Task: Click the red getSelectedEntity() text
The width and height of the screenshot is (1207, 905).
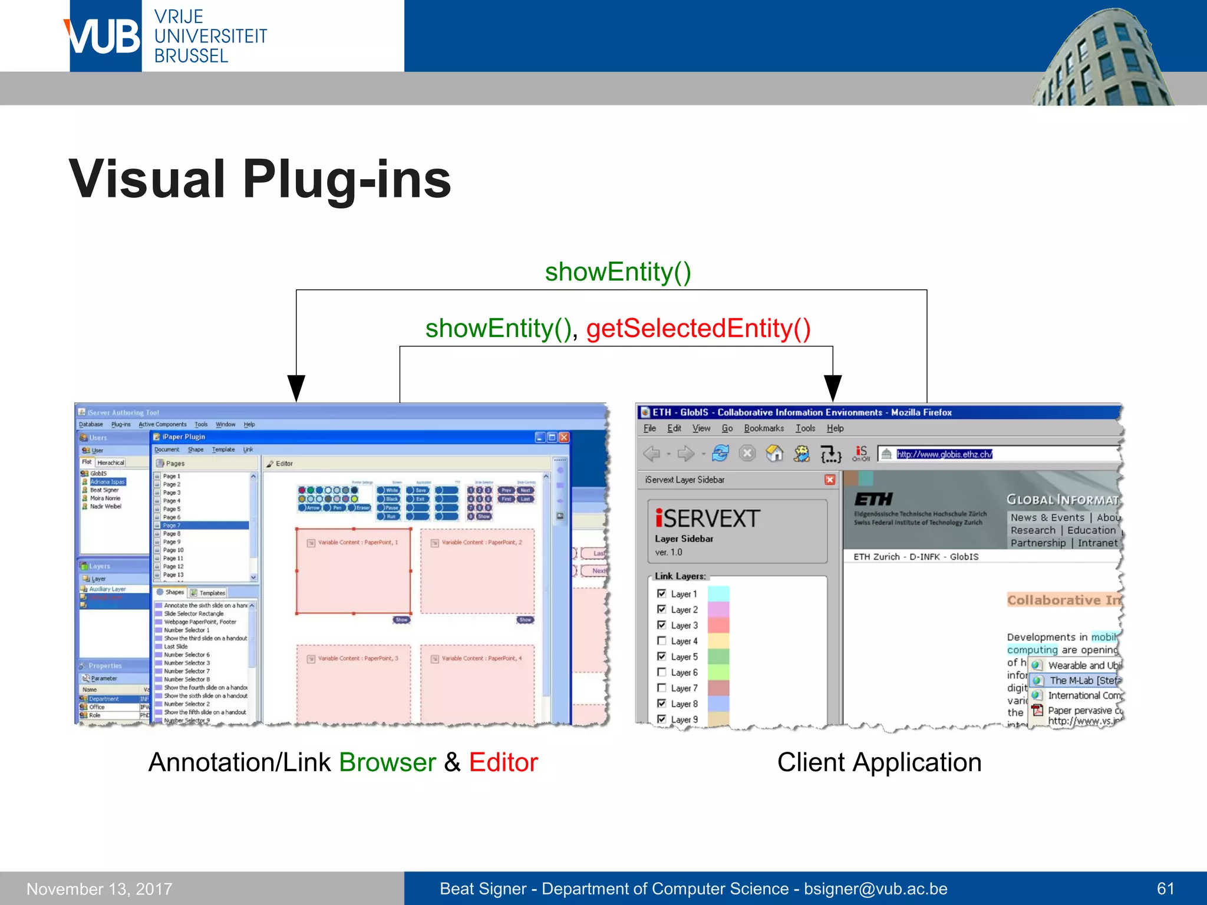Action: click(698, 328)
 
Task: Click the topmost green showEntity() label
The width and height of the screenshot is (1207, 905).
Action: click(618, 272)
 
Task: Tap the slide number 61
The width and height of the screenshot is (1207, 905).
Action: click(1165, 889)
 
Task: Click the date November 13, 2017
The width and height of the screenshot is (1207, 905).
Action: click(100, 889)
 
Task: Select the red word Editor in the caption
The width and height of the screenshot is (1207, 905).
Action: click(503, 762)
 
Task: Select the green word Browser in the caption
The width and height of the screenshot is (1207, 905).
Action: click(387, 762)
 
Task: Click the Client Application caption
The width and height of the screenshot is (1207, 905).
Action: click(879, 762)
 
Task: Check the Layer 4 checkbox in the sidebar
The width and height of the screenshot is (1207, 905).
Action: click(661, 640)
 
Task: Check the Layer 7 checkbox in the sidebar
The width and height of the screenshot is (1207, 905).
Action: click(661, 688)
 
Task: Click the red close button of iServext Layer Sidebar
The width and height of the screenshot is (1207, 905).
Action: click(830, 480)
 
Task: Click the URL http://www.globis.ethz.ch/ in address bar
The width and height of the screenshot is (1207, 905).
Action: click(944, 454)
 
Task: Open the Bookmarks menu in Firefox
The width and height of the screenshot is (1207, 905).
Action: click(763, 428)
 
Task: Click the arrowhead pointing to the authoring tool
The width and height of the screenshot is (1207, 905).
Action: click(296, 388)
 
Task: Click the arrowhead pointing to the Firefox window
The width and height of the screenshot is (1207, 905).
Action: click(832, 388)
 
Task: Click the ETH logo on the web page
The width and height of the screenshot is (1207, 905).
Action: click(873, 500)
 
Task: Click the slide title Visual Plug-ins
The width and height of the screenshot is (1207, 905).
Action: click(259, 179)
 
